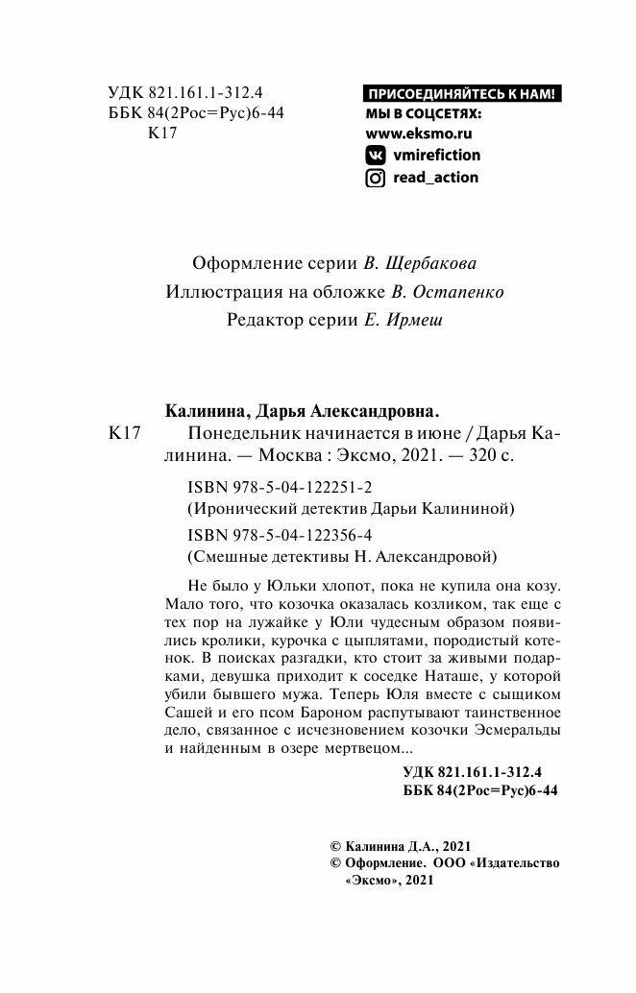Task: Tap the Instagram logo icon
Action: tap(376, 178)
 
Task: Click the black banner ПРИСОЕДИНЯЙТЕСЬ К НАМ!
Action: tap(462, 94)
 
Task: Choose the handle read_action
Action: tap(435, 178)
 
